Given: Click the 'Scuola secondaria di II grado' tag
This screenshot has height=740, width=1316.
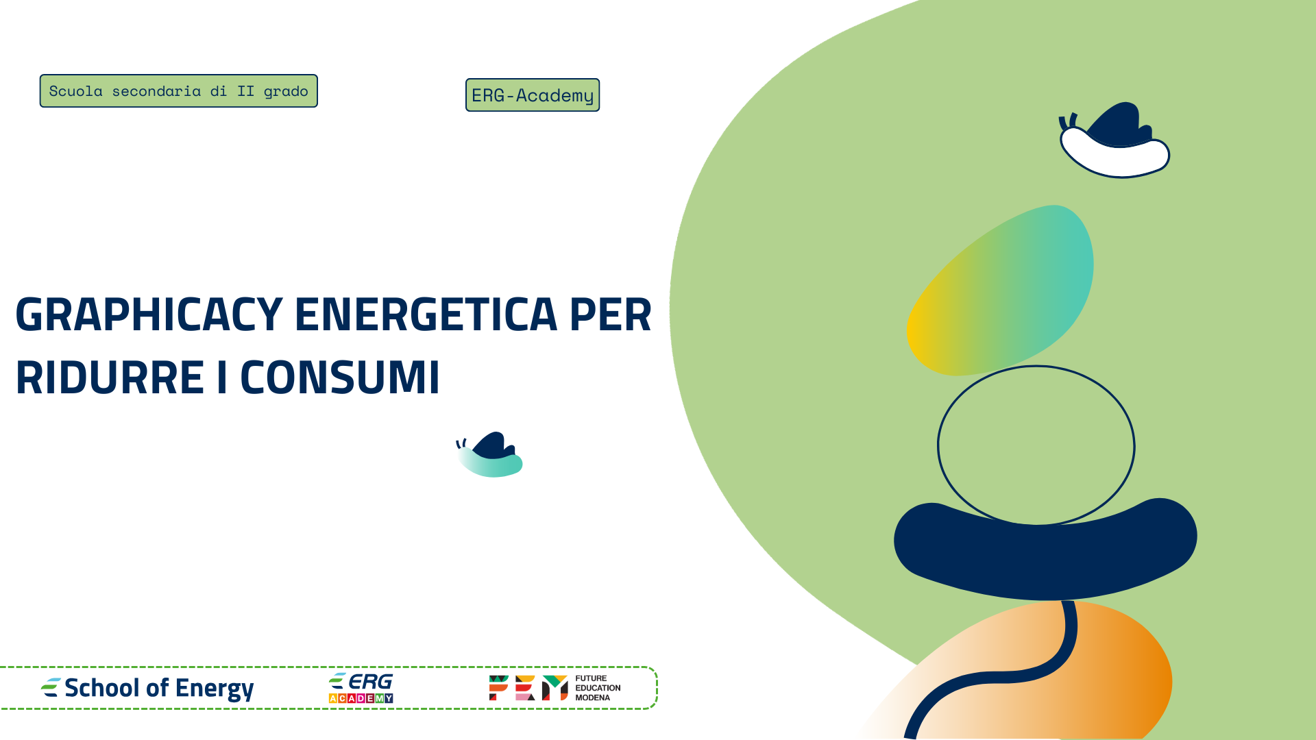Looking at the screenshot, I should click(x=178, y=91).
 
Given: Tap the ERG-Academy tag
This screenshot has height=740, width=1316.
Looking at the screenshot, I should click(x=533, y=95).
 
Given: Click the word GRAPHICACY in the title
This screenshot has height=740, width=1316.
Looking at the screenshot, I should click(x=149, y=315).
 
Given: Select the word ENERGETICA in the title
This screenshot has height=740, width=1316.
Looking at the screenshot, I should click(x=426, y=315).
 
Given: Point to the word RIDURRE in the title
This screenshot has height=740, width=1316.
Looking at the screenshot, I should click(x=110, y=378).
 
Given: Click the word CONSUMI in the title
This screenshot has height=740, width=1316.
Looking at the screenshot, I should click(x=340, y=378).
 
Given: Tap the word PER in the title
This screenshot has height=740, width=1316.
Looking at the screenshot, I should click(x=610, y=315).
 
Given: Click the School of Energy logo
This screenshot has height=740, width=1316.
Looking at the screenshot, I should click(x=147, y=688).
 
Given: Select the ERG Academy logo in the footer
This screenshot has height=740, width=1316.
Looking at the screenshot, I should click(x=361, y=688).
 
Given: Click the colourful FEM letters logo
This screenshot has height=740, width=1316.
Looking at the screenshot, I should click(x=528, y=688).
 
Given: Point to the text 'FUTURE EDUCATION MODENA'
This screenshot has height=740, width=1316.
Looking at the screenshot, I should click(x=598, y=688).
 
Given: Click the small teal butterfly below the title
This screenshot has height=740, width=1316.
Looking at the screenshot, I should click(x=491, y=455).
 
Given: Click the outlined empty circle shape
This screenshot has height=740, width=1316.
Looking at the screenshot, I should click(x=1036, y=445).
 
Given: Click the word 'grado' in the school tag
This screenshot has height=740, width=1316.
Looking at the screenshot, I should click(x=286, y=92).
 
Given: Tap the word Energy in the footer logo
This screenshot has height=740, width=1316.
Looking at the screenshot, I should click(x=215, y=688).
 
